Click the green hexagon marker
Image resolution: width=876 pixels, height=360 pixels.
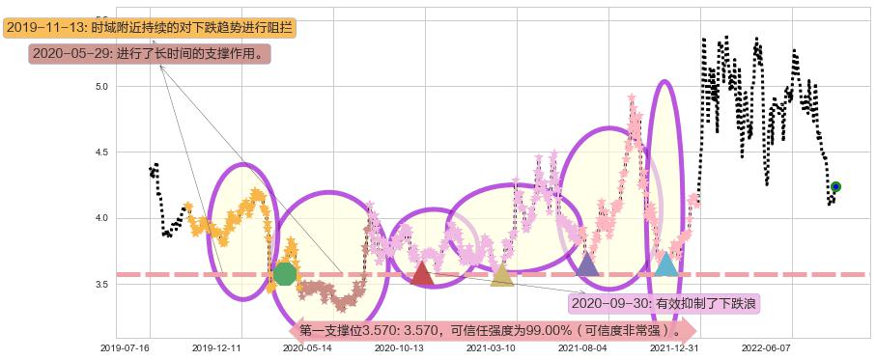point(284,274)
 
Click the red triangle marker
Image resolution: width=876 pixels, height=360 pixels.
point(421,274)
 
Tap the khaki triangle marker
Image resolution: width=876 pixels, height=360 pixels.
point(501,275)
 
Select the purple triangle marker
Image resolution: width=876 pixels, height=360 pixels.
point(586,263)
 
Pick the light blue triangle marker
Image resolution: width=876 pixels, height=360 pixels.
point(665,263)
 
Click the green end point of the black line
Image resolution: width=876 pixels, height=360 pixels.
point(835,186)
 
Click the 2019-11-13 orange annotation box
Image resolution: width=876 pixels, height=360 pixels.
point(149,28)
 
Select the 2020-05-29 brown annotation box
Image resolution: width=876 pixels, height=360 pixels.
point(149,54)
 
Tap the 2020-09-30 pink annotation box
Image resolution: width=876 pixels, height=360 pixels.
point(664,303)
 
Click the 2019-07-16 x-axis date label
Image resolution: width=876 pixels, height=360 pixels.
point(126,346)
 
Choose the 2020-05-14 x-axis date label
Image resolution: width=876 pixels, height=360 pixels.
point(306,346)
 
